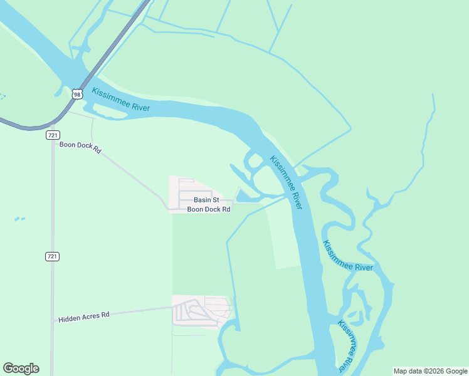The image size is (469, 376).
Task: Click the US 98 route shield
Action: pyautogui.click(x=76, y=94)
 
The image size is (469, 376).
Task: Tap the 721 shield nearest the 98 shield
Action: pyautogui.click(x=53, y=135)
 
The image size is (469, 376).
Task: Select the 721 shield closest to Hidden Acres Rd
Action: pyautogui.click(x=53, y=256)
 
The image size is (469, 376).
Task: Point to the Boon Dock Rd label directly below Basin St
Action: pyautogui.click(x=209, y=209)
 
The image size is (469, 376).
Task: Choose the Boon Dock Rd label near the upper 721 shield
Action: pyautogui.click(x=80, y=148)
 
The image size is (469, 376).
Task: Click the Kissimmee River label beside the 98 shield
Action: pyautogui.click(x=121, y=100)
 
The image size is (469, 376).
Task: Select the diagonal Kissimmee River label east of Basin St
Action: pyautogui.click(x=287, y=182)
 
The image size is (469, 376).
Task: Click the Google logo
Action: pyautogui.click(x=21, y=368)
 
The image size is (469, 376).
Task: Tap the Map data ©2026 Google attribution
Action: pyautogui.click(x=429, y=371)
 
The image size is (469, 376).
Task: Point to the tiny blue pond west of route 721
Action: pyautogui.click(x=20, y=219)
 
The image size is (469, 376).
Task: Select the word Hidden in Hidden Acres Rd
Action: pyautogui.click(x=69, y=319)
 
